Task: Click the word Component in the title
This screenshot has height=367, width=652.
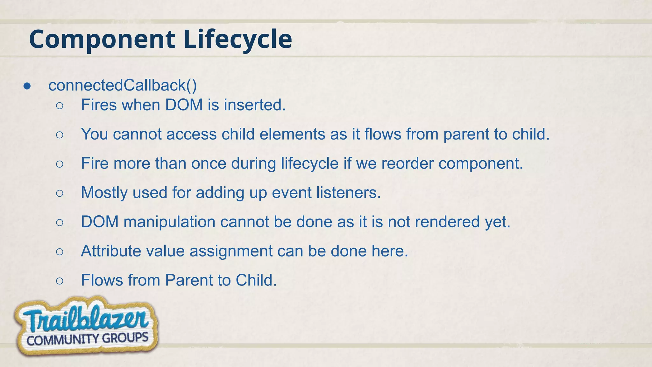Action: coord(102,39)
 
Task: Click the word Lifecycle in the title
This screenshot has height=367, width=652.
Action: coord(237,39)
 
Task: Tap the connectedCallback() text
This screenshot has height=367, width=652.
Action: coord(123,85)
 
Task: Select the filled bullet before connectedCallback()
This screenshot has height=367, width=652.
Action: coord(27,86)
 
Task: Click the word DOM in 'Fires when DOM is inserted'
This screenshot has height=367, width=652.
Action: coord(184,105)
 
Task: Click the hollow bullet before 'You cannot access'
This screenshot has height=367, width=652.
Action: coord(60,135)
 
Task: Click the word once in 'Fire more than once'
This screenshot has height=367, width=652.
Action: coord(209,163)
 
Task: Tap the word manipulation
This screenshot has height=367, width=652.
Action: coord(169,222)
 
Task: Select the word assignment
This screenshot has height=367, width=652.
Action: coord(231,251)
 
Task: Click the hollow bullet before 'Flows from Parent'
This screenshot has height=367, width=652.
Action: coord(60,281)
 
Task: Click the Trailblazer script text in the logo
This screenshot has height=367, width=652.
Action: coord(85,320)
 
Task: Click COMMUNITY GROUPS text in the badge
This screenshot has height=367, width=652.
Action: coord(87,339)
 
